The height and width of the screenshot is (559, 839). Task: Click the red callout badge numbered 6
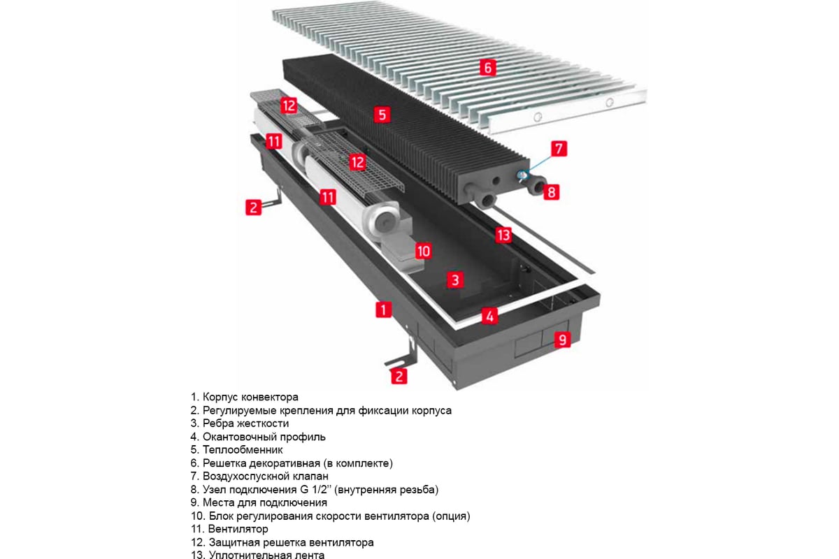488,68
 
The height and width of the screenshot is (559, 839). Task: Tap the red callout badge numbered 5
381,115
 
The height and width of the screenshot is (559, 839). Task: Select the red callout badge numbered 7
559,148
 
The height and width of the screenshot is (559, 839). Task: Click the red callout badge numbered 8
552,191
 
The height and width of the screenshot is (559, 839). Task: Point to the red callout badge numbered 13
503,235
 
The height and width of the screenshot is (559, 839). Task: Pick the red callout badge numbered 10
423,250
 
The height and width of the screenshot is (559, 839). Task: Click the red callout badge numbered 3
455,280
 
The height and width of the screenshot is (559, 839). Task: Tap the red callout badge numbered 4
491,316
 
